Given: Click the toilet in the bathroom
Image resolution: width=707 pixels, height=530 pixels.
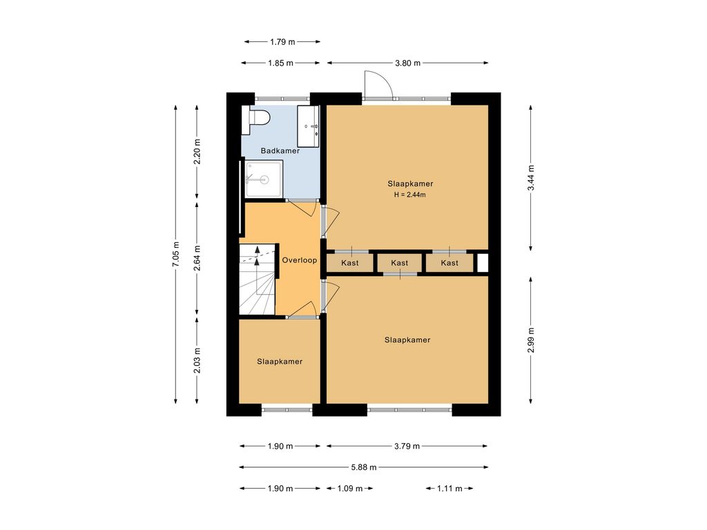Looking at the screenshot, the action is tap(255, 119).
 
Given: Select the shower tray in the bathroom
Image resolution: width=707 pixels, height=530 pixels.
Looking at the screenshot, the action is tap(264, 179).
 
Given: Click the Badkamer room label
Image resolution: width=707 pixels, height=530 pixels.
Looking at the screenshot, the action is tap(280, 150).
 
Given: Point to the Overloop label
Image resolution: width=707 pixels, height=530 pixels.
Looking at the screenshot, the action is tap(300, 260).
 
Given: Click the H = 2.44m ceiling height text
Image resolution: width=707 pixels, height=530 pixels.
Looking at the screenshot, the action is tap(410, 195).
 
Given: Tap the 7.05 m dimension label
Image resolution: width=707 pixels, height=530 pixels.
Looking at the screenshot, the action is tap(176, 255).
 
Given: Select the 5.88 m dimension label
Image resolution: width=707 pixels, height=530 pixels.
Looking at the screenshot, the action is tap(364, 467).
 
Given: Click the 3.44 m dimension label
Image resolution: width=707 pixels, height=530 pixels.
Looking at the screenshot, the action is tap(531, 178).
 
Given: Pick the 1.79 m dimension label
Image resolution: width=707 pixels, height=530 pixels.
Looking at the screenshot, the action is tap(282, 42).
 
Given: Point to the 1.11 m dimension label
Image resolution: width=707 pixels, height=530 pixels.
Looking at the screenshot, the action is tap(449, 489).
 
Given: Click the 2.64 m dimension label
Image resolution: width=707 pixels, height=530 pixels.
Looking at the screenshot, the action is tap(197, 258).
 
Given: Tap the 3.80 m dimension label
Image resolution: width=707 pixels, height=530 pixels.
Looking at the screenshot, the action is tap(407, 63).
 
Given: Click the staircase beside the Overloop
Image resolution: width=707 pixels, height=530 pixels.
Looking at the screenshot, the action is tap(257, 279).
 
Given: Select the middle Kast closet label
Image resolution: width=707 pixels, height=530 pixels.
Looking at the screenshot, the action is tap(400, 263).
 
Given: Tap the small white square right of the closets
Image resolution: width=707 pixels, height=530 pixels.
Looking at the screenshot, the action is tap(483, 264).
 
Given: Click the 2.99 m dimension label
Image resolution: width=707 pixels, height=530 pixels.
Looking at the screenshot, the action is tap(531, 340).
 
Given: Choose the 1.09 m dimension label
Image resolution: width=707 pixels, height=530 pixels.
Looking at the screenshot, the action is tap(350, 489).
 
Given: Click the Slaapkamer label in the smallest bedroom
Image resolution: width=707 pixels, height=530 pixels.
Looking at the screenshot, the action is tap(280, 362).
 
